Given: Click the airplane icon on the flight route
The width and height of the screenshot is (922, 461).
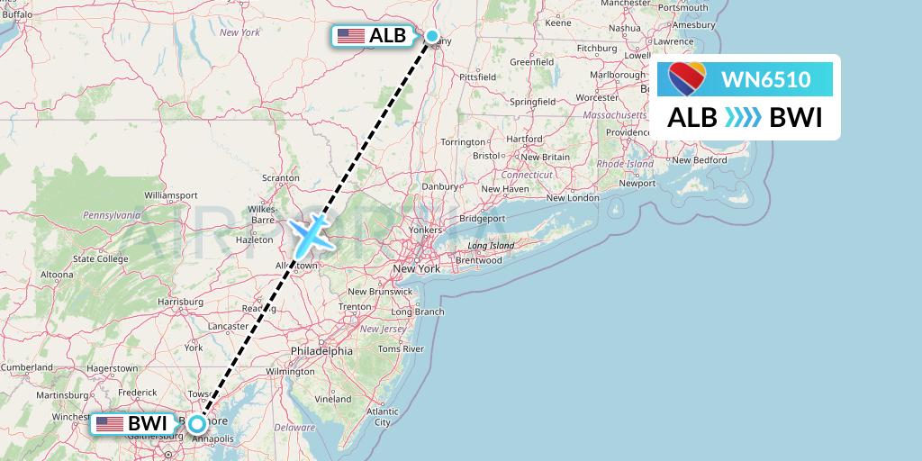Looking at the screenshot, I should pyautogui.click(x=311, y=232).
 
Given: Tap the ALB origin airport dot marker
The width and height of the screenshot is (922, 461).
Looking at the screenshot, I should pyautogui.click(x=432, y=37).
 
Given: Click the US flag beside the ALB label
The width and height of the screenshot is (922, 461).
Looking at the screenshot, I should pyautogui.click(x=349, y=37).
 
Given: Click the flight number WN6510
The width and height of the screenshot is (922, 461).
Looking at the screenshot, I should pyautogui.click(x=765, y=80).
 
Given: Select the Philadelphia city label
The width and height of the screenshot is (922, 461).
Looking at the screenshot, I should pyautogui.click(x=321, y=350).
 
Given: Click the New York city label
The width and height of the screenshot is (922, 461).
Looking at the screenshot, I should pyautogui.click(x=416, y=268).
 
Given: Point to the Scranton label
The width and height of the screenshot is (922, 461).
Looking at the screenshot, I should pyautogui.click(x=280, y=178).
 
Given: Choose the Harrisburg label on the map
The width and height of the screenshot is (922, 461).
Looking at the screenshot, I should pyautogui.click(x=179, y=301).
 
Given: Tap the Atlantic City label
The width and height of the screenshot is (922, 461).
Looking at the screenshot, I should pyautogui.click(x=383, y=416).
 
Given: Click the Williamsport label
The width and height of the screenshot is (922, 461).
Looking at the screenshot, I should pyautogui.click(x=170, y=194).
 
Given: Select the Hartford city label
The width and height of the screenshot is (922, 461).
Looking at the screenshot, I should pyautogui.click(x=524, y=140).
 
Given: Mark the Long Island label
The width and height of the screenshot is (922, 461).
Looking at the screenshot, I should pyautogui.click(x=490, y=246).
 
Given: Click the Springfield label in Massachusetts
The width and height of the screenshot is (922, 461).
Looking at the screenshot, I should pyautogui.click(x=531, y=102).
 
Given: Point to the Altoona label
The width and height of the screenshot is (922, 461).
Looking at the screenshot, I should pyautogui.click(x=56, y=275).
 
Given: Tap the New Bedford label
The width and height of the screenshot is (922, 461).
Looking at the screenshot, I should pyautogui.click(x=699, y=160).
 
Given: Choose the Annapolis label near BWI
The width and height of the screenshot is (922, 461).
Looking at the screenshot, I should pyautogui.click(x=213, y=439).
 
